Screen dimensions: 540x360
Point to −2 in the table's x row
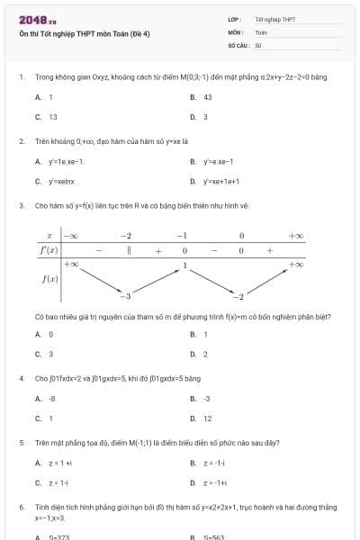coord(126,235)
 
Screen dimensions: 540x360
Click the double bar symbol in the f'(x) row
coord(130,250)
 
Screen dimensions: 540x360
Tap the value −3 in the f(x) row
coord(127,296)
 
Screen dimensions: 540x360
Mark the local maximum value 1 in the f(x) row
coord(184,265)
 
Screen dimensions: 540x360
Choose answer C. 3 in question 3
coord(50,354)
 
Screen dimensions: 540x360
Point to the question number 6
coord(21,508)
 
